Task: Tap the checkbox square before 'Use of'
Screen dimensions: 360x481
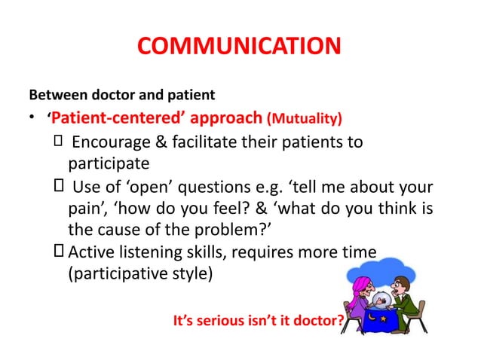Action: click(59, 185)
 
